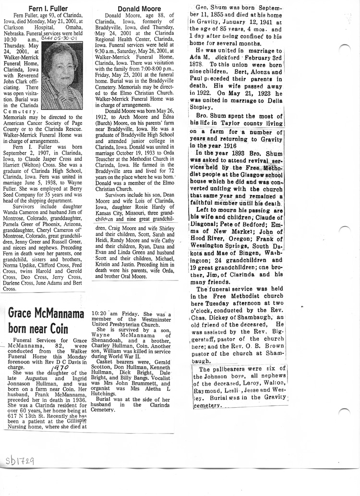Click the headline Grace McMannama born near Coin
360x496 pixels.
[40, 321]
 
